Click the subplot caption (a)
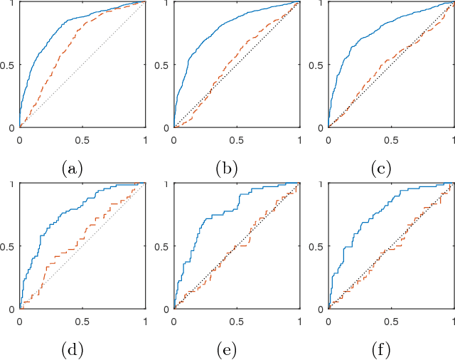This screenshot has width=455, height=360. (x=72, y=169)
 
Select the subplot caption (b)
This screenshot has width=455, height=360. (x=227, y=169)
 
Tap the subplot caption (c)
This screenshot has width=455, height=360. (x=381, y=169)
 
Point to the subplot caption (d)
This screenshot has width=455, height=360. (x=72, y=351)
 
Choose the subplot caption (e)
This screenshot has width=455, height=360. (x=227, y=351)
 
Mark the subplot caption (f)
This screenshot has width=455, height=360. (x=381, y=351)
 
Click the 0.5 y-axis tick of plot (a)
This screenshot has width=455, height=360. (x=8, y=65)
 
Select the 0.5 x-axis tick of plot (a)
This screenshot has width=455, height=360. (x=82, y=139)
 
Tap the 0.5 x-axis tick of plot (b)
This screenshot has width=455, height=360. (x=237, y=139)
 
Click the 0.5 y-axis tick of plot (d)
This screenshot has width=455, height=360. (x=8, y=247)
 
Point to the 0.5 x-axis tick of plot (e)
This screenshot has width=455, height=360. (x=237, y=322)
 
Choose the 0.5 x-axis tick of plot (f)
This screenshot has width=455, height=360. (x=391, y=322)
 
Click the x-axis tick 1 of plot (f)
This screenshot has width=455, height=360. (x=454, y=322)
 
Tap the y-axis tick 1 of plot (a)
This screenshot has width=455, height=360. (x=12, y=4)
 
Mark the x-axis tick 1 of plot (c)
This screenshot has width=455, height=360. (x=454, y=139)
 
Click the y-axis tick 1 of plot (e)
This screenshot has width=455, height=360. (x=166, y=185)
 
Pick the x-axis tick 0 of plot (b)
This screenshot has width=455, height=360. (x=174, y=139)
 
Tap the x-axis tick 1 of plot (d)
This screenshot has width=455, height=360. (x=145, y=322)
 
